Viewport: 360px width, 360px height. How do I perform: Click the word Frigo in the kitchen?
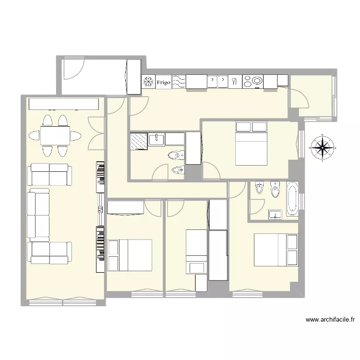(x=163, y=83)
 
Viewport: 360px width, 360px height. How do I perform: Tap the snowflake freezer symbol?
(x=148, y=82)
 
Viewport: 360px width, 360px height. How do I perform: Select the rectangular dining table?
(x=54, y=135)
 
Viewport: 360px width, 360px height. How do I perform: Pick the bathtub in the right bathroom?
(x=292, y=198)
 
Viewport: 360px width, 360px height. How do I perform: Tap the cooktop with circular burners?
(x=253, y=82)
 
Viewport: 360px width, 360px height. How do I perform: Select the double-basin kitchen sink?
(x=217, y=82)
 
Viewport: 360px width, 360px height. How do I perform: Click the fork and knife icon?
(x=235, y=82)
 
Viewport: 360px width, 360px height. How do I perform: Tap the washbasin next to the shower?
(x=156, y=140)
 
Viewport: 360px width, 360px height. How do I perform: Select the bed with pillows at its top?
(x=251, y=144)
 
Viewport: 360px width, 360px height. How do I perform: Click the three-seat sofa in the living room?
(x=38, y=214)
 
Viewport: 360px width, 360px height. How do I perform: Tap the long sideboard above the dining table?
(x=63, y=104)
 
